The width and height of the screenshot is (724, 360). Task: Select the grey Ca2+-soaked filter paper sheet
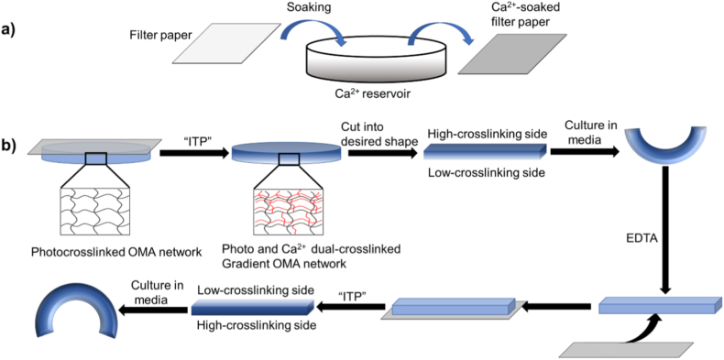coord(511,53)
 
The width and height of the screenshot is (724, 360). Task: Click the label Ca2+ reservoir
coord(373,95)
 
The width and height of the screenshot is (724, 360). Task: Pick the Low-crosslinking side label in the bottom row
coord(255,289)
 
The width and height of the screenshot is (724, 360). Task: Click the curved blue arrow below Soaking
coord(324,30)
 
